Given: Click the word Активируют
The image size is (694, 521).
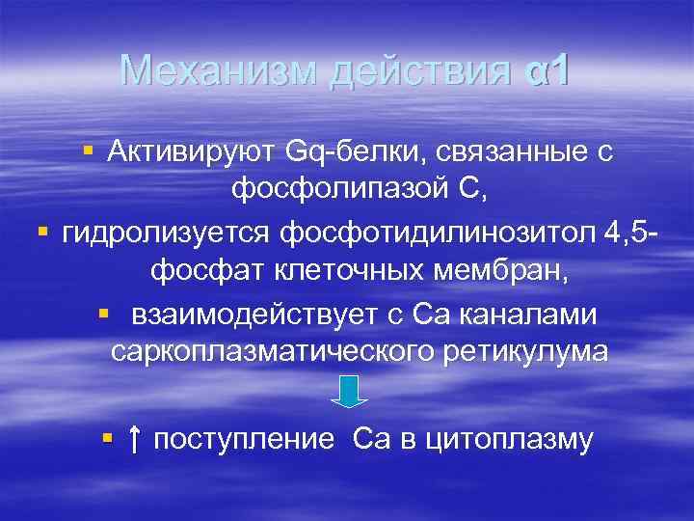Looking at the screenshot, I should click(x=192, y=151).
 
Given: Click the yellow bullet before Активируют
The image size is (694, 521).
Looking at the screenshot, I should click(x=89, y=151).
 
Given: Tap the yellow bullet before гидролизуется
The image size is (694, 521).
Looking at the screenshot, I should click(x=42, y=232).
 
